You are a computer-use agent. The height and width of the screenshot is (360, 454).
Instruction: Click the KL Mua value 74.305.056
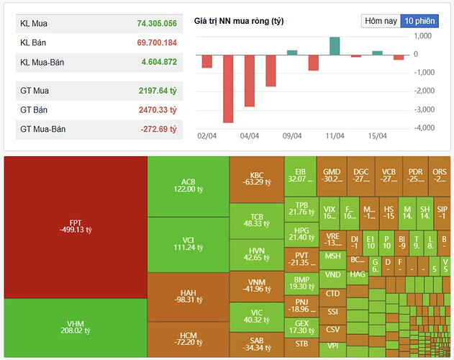coord(157,24)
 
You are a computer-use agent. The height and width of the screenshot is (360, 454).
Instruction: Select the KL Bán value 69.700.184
coord(157,43)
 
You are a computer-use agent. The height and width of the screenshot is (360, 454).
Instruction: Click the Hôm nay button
coord(381,21)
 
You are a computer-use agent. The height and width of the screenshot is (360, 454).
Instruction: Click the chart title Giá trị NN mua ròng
coord(239,21)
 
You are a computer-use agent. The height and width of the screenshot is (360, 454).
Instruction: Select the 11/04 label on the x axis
coord(335,135)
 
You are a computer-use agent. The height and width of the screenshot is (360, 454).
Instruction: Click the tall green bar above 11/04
coord(335,45)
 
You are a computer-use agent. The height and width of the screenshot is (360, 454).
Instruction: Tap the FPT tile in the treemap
coord(75,226)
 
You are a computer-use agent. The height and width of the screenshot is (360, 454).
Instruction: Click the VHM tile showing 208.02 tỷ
coord(75,328)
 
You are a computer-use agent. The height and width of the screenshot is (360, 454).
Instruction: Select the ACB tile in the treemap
coord(188,185)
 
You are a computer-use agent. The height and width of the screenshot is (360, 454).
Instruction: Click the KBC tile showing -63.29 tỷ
coord(257,179)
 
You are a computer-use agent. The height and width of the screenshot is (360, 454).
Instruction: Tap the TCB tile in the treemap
coord(257,220)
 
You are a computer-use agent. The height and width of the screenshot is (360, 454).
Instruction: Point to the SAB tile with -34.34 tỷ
coord(257,344)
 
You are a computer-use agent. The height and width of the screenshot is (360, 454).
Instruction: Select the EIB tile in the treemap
coord(300,175)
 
